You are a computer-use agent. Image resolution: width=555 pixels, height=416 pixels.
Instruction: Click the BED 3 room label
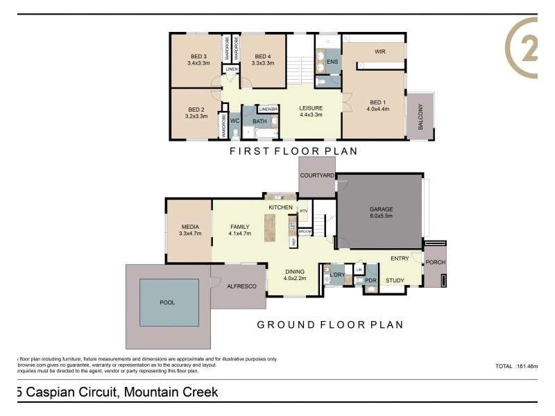(198, 57)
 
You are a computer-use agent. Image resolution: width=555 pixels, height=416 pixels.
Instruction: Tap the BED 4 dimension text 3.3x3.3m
(263, 63)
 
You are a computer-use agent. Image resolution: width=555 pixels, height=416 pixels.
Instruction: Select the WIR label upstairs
(379, 52)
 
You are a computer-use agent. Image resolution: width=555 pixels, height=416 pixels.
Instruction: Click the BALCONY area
(421, 116)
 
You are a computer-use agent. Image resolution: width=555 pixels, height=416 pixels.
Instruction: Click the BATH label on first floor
(259, 122)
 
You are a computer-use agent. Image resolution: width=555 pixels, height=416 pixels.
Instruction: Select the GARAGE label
(381, 209)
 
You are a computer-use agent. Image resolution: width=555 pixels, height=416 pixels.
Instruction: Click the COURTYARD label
(316, 175)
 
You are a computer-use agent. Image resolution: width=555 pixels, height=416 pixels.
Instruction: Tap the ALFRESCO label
(238, 286)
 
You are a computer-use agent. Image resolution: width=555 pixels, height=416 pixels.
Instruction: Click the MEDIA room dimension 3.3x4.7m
(189, 234)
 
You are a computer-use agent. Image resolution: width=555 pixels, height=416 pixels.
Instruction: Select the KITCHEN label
(281, 207)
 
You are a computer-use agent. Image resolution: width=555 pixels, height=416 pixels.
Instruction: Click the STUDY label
(395, 280)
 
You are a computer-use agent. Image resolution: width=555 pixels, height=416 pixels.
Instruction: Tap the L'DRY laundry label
(337, 275)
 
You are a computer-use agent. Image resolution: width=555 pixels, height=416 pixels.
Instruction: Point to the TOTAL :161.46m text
(516, 365)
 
